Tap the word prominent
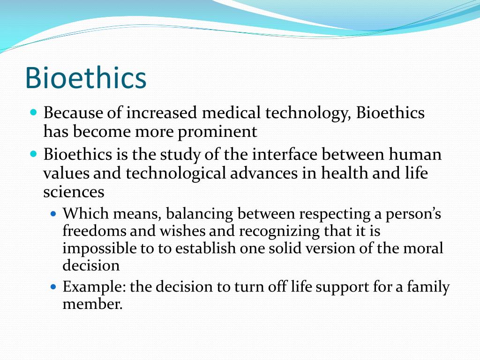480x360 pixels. pos(217,132)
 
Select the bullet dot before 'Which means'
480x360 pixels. pos(53,214)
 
